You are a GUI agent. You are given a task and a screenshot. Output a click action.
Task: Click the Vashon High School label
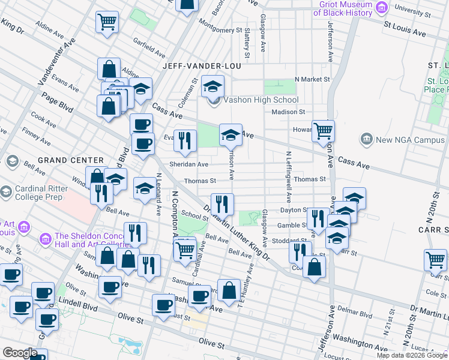pyautogui.click(x=261, y=100)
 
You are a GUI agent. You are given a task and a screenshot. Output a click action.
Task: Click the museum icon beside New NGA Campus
pyautogui.click(x=366, y=140)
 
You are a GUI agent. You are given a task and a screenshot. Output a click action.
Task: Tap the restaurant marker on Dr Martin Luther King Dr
pyautogui.click(x=222, y=204)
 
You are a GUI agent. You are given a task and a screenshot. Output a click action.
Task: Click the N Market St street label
pyautogui.click(x=312, y=79)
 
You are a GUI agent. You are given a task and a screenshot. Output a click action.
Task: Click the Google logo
pyautogui.click(x=20, y=353)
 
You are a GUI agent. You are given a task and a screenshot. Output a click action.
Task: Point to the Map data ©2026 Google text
pyautogui.click(x=411, y=355)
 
